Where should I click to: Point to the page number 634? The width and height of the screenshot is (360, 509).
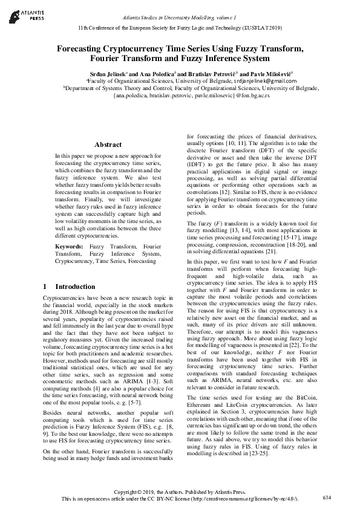pyautogui.click(x=327, y=497)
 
